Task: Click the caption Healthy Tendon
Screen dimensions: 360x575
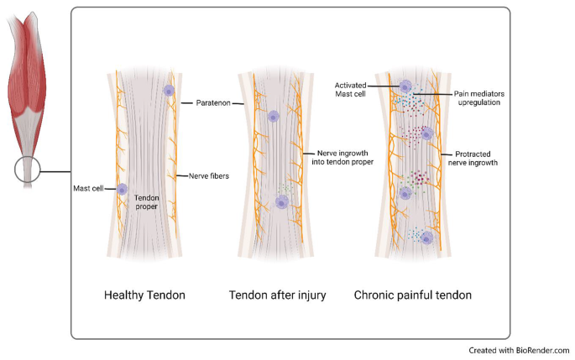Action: (144, 295)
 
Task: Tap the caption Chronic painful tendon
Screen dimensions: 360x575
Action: (412, 295)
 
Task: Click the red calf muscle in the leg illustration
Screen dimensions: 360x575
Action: (29, 84)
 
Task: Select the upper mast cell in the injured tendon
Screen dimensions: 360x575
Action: (273, 117)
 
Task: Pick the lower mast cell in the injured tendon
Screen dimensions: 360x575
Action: (282, 201)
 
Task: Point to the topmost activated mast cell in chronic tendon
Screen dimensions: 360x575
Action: (405, 87)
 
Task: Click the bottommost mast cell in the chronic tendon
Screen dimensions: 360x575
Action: (426, 238)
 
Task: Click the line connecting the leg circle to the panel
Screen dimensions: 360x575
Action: (57, 174)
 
